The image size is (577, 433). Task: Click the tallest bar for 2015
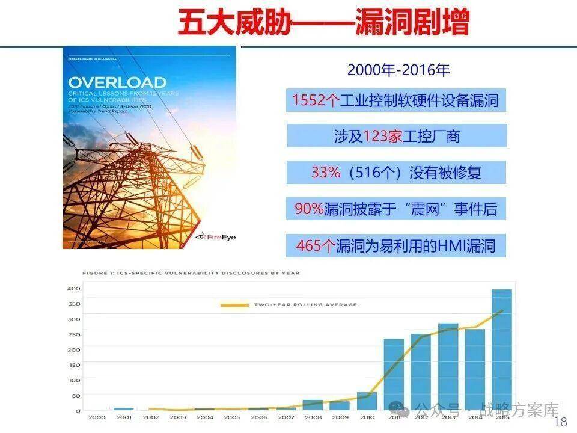[502, 349]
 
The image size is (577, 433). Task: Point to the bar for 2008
[313, 405]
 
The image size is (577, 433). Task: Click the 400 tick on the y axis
[73, 289]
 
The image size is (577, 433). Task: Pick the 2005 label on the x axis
[231, 417]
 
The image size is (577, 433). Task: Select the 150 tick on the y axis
[73, 365]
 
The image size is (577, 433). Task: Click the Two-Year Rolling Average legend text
[305, 305]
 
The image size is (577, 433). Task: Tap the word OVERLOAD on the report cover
[117, 82]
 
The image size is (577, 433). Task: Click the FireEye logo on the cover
[217, 236]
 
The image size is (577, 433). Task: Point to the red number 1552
[308, 100]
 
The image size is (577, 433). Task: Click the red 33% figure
[326, 173]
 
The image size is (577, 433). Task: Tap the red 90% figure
[309, 209]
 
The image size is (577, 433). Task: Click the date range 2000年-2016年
[398, 70]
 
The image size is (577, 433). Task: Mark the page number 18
[560, 422]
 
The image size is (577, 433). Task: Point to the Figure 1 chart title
[191, 273]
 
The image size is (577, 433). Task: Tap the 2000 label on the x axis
[96, 417]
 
